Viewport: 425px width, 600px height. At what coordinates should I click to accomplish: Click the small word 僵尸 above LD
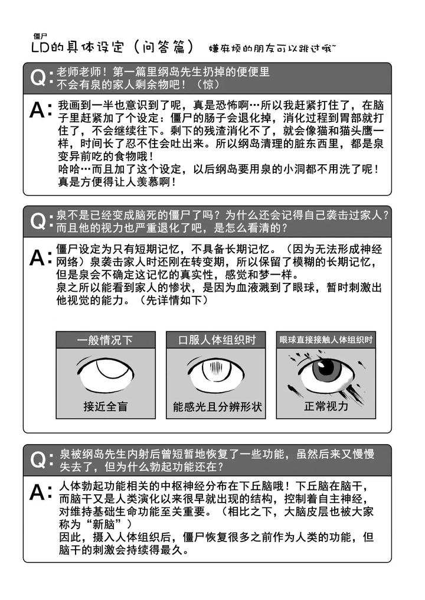pos(40,37)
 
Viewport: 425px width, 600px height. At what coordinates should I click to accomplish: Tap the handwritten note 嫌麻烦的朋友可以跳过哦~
pos(272,48)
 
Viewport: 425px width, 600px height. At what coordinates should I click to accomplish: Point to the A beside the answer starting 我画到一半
pos(38,110)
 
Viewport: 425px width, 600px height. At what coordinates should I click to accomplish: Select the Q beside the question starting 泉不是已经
pos(38,221)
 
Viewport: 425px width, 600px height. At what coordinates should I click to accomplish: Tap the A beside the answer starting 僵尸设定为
pos(38,257)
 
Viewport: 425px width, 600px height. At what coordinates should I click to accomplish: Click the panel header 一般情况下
pos(105,340)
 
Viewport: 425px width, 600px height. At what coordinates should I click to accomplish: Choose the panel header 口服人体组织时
pos(217,340)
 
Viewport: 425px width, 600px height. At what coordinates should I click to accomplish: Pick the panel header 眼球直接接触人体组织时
pos(326,340)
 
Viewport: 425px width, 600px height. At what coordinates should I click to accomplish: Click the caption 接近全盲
pos(105,406)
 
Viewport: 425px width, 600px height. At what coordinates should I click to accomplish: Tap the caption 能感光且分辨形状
pos(217,406)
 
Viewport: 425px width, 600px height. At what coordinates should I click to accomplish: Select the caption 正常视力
pos(326,406)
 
